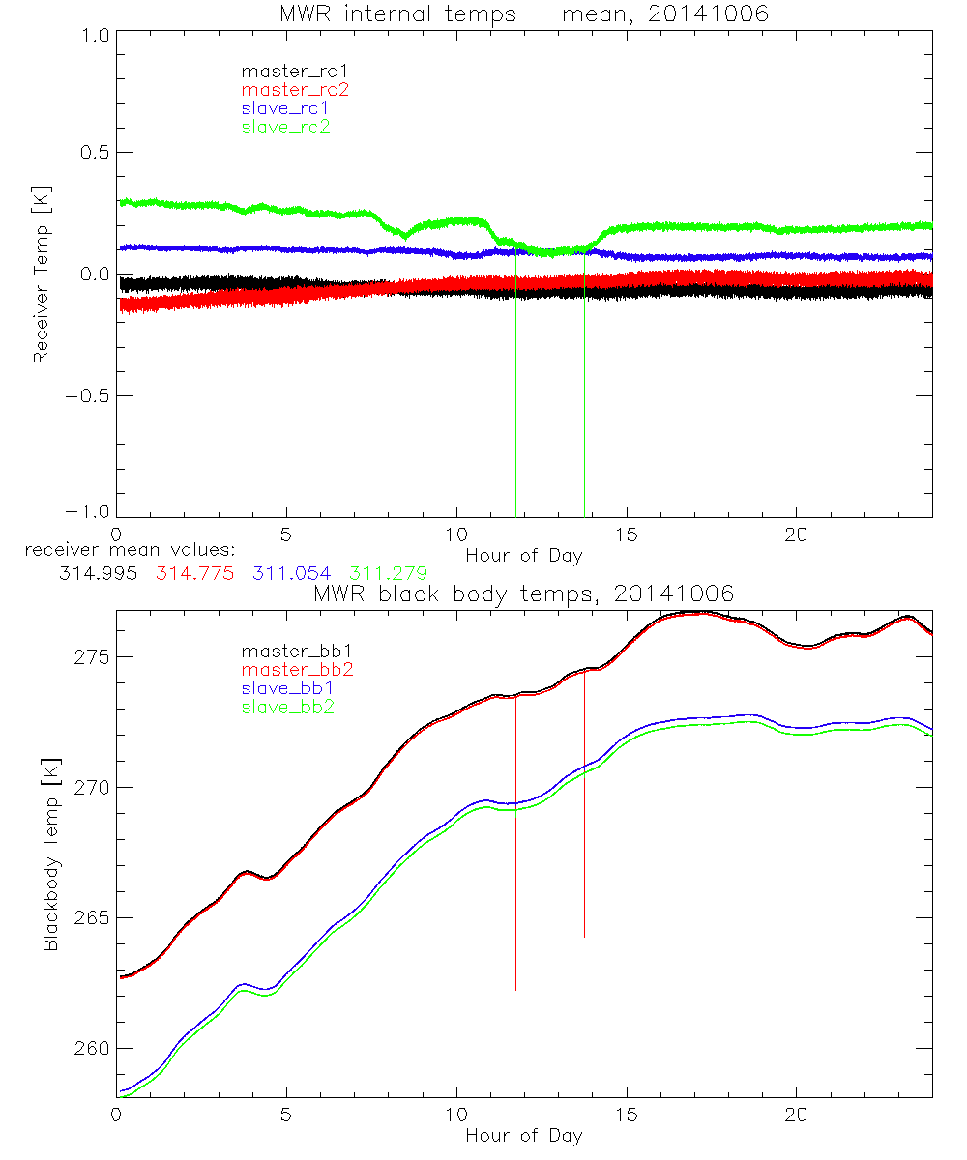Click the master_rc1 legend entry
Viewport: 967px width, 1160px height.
point(286,72)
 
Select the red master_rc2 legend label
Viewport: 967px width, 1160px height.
point(295,90)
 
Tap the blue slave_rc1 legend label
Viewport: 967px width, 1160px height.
point(285,108)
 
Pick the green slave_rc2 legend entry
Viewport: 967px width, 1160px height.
point(285,127)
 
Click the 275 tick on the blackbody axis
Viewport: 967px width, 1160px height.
point(89,657)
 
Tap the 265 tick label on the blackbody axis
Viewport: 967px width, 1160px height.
point(89,918)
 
